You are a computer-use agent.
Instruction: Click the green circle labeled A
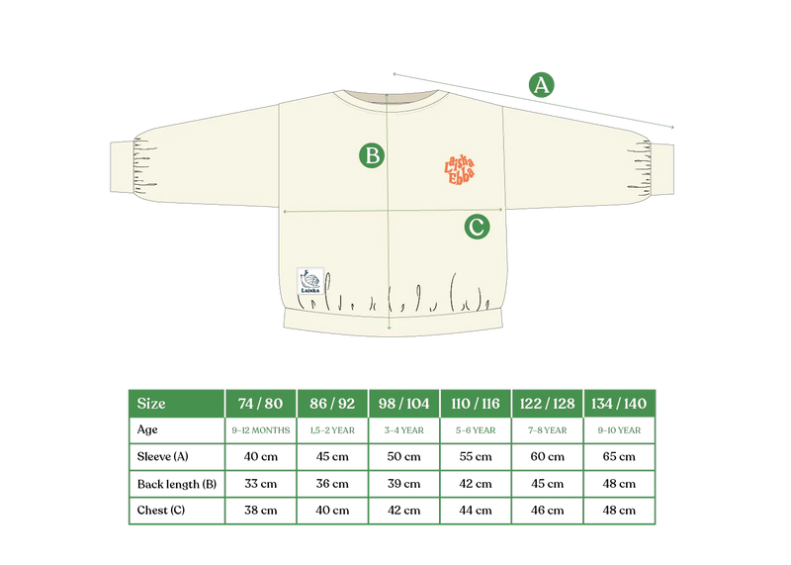(x=541, y=85)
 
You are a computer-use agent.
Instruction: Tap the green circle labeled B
(x=372, y=155)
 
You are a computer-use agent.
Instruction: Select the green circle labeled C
(x=477, y=227)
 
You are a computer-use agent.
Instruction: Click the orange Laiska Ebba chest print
(x=459, y=170)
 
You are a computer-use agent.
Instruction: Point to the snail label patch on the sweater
(x=310, y=281)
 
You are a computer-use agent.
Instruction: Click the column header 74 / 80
(x=260, y=404)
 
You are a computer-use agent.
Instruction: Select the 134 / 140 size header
(x=619, y=404)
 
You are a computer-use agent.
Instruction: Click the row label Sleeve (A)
(x=162, y=456)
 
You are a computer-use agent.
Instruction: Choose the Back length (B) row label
(x=177, y=484)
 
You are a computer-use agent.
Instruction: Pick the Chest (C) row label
(x=161, y=510)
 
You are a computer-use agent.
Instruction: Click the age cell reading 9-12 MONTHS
(x=261, y=430)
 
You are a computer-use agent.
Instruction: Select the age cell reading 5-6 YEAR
(x=476, y=430)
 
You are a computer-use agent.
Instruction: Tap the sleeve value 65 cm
(x=619, y=456)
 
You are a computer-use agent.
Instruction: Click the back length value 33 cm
(x=261, y=483)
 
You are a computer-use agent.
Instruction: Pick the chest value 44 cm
(x=476, y=510)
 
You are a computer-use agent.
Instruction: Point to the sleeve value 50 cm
(x=403, y=456)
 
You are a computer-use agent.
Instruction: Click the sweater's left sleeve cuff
(x=122, y=167)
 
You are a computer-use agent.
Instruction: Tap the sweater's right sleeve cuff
(x=661, y=169)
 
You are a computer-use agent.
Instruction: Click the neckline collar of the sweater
(x=391, y=97)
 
